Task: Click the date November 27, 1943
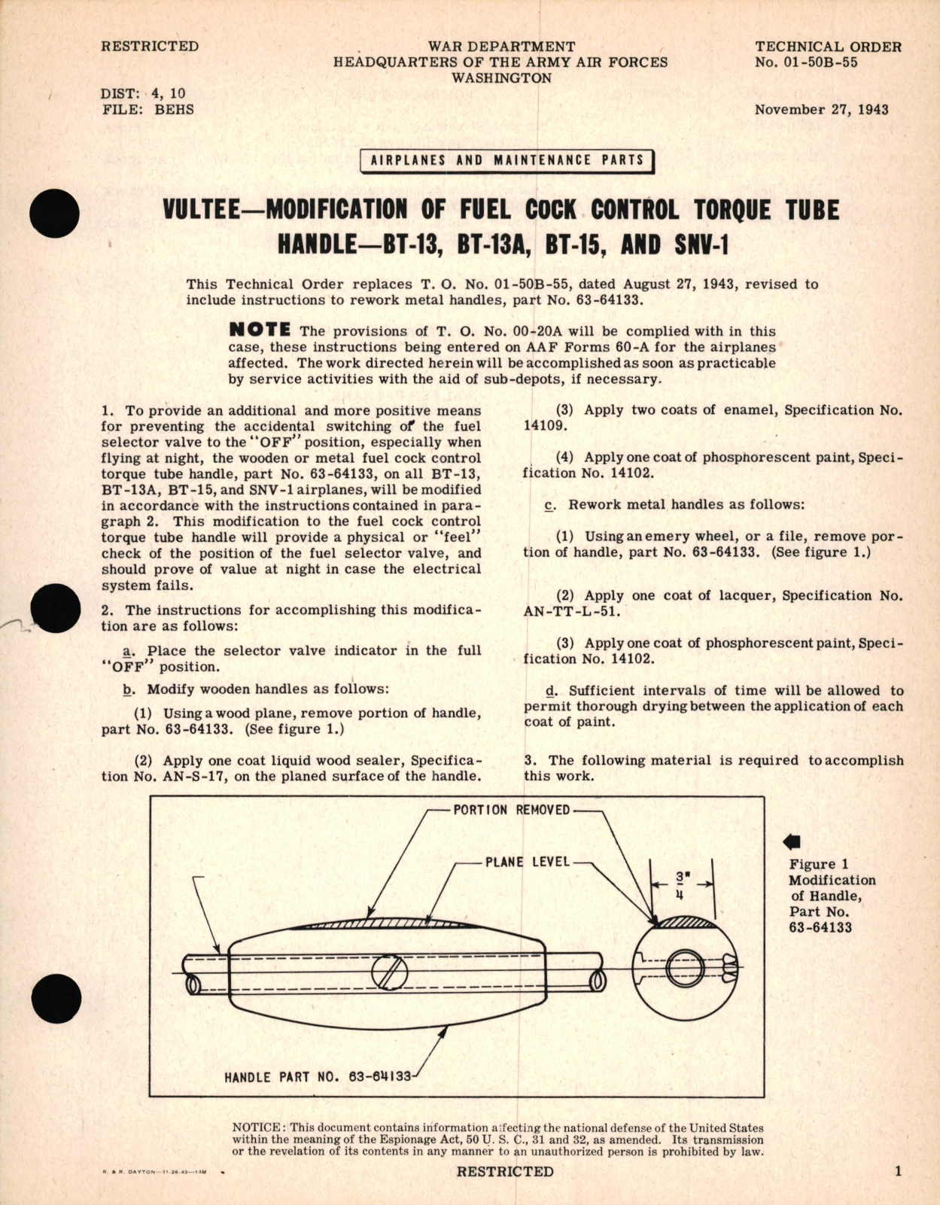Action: [821, 110]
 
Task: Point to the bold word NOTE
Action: [260, 330]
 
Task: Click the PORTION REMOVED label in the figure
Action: [511, 810]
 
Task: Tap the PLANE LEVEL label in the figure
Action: [527, 862]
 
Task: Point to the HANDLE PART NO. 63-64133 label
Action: [318, 1077]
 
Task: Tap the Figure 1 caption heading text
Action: [812, 864]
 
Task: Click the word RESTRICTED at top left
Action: [150, 47]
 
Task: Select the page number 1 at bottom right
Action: [898, 1171]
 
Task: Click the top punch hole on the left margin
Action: [56, 214]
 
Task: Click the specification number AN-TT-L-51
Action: [572, 611]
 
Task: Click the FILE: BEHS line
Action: [147, 110]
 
